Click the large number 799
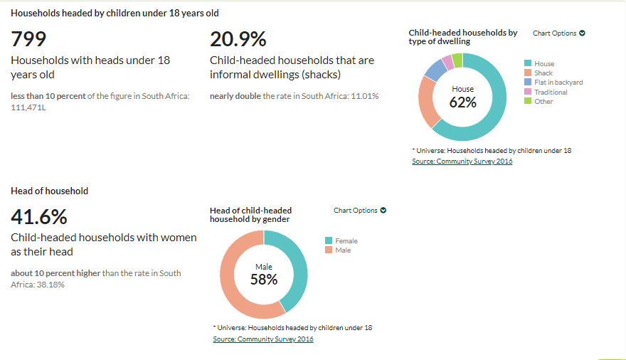click(x=29, y=39)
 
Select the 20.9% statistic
click(x=238, y=39)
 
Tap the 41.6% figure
click(x=39, y=217)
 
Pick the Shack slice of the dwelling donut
click(x=428, y=100)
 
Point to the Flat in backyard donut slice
click(x=435, y=68)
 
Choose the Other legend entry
click(x=543, y=101)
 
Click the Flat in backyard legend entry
click(x=558, y=83)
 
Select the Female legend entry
click(x=346, y=241)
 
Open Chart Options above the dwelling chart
click(x=558, y=33)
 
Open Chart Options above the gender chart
click(x=359, y=211)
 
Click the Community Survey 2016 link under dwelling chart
click(x=462, y=162)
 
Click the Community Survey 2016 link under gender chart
click(x=263, y=339)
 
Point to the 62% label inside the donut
click(x=462, y=102)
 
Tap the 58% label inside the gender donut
click(x=263, y=280)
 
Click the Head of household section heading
click(x=50, y=191)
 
